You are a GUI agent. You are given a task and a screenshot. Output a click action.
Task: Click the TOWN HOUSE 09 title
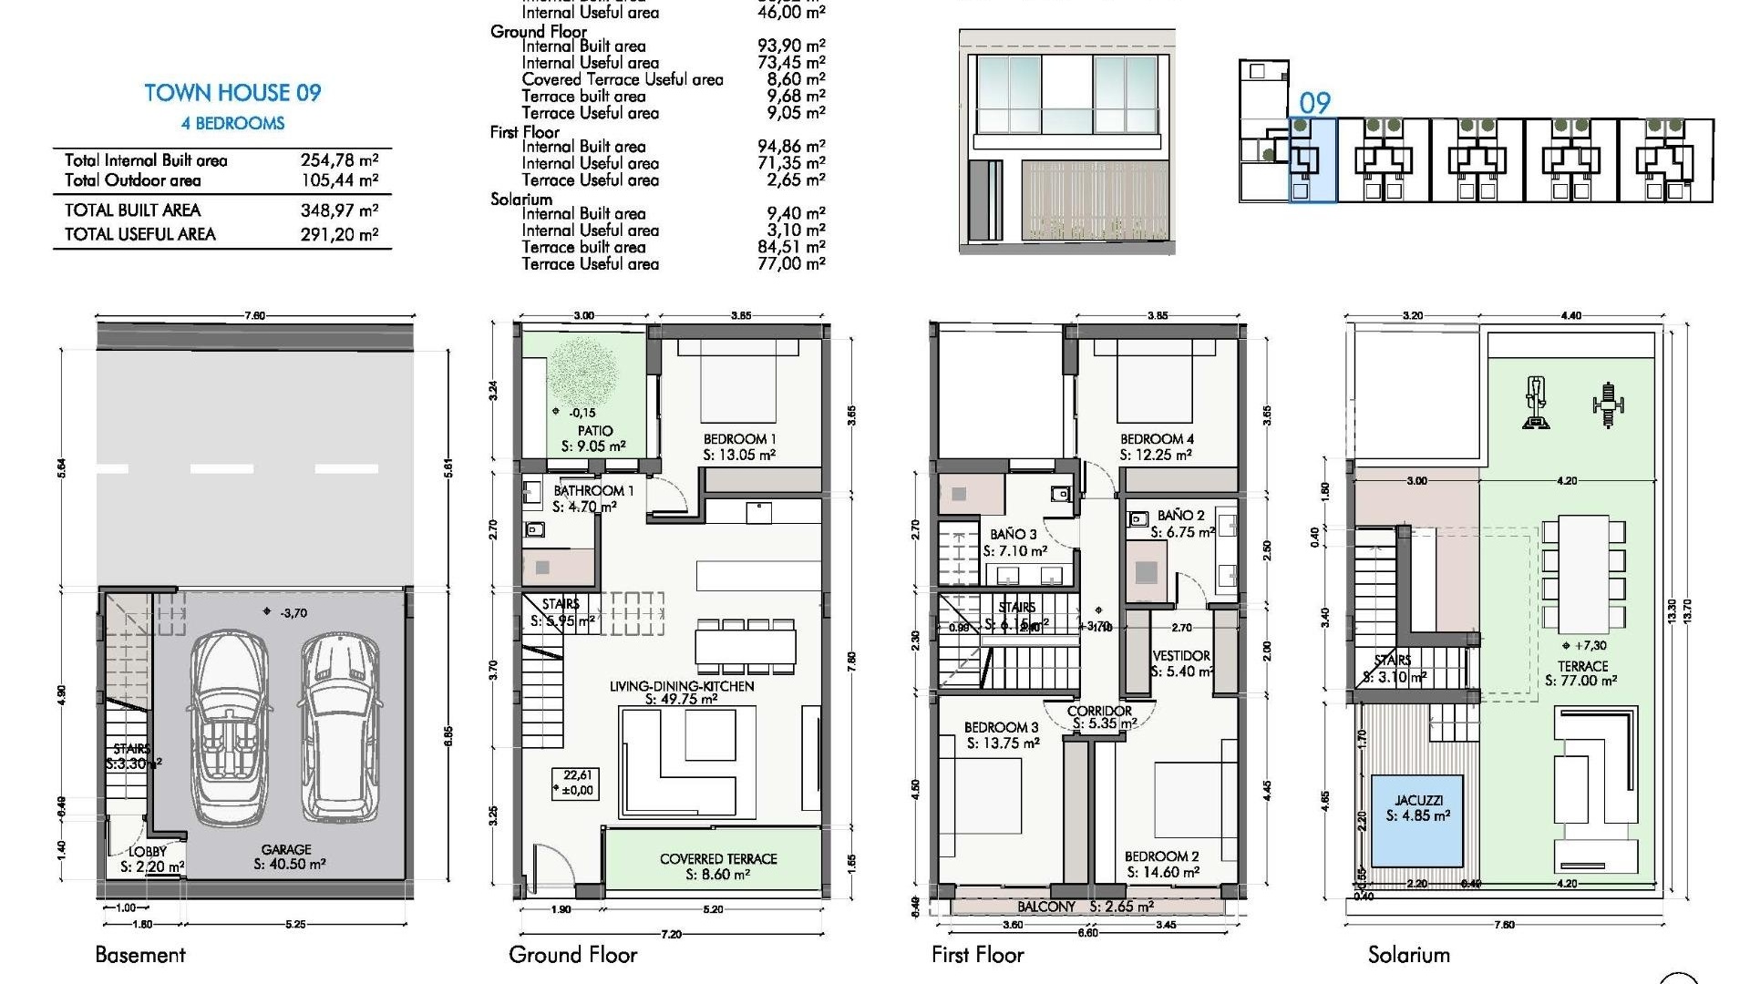coord(232,93)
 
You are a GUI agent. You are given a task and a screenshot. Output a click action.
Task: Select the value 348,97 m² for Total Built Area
coord(339,210)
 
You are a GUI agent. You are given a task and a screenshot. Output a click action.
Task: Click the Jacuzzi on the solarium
coord(1417,808)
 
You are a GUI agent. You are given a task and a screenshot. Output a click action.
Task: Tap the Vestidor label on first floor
coord(1181,656)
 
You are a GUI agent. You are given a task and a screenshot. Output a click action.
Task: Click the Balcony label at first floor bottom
coord(1046,907)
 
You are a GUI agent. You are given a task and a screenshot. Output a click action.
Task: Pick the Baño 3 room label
coord(1014,535)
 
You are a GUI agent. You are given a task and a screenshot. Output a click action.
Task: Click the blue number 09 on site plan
coord(1314,103)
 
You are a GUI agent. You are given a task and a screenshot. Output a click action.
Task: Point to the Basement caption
coord(140,955)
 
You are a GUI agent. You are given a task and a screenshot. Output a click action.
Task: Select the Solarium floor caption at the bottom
coord(1408,955)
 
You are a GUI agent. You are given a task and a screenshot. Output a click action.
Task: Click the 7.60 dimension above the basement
coord(254,316)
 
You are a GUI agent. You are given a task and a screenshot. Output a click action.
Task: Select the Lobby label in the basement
coord(148,852)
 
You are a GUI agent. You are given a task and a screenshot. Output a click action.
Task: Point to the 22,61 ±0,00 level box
coord(577,784)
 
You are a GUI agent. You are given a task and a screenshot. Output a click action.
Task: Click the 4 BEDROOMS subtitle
coord(232,124)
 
